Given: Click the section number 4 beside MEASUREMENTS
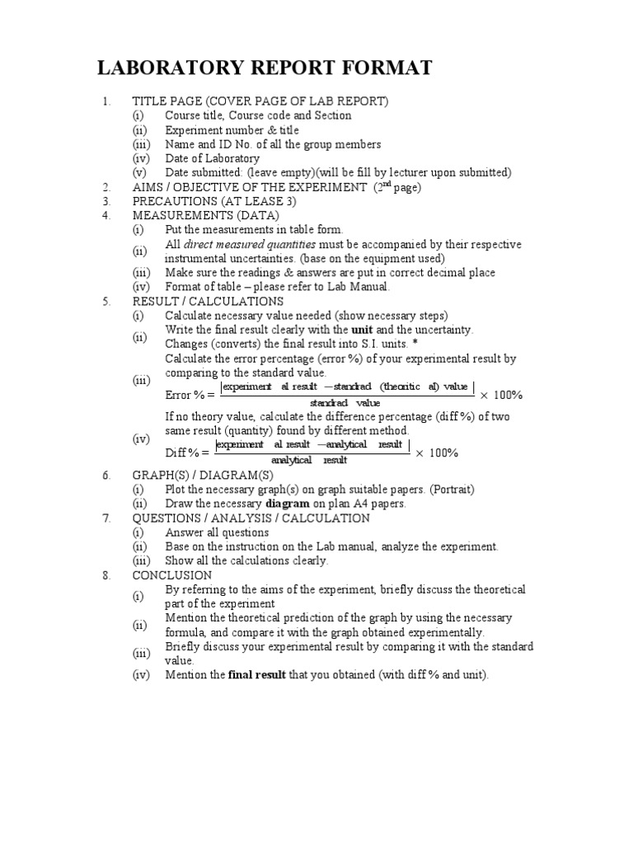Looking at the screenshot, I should pos(106,215).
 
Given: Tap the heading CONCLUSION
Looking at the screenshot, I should pos(172,574).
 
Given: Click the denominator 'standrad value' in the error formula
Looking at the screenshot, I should pos(345,403).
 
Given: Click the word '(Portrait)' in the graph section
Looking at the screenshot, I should pos(445,489).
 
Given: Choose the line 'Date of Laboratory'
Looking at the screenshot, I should pos(212,158).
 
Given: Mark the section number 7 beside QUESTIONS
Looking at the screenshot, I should pos(106,518).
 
